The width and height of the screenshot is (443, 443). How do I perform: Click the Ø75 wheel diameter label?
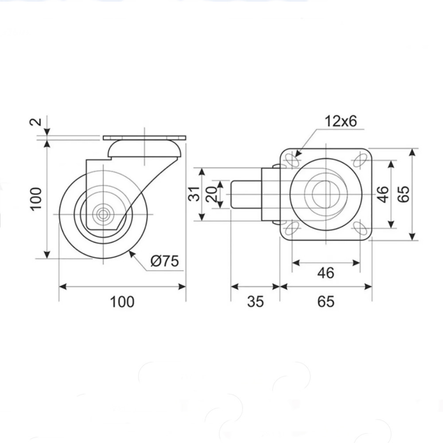[x=165, y=261]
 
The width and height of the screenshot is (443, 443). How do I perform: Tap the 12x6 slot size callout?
[x=341, y=121]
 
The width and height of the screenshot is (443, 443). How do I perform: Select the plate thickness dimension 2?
[x=36, y=122]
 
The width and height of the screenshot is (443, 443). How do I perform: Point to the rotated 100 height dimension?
[x=36, y=198]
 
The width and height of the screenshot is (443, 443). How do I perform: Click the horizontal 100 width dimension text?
[x=122, y=301]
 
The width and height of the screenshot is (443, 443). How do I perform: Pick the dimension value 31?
[x=194, y=194]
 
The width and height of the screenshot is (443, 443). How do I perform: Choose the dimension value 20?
[x=212, y=194]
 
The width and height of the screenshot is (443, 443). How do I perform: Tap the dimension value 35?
[x=256, y=301]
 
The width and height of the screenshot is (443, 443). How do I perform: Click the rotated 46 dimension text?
[x=383, y=194]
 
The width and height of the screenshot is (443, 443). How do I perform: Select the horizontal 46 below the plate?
[x=326, y=273]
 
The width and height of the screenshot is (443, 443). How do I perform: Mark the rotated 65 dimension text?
[x=404, y=194]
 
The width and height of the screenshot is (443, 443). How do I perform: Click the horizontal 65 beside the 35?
[x=326, y=301]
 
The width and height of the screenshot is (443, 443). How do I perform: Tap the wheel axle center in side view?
[x=103, y=214]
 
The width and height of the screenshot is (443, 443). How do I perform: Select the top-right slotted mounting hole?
[x=360, y=160]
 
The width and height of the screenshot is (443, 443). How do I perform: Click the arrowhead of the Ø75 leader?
[x=131, y=254]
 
